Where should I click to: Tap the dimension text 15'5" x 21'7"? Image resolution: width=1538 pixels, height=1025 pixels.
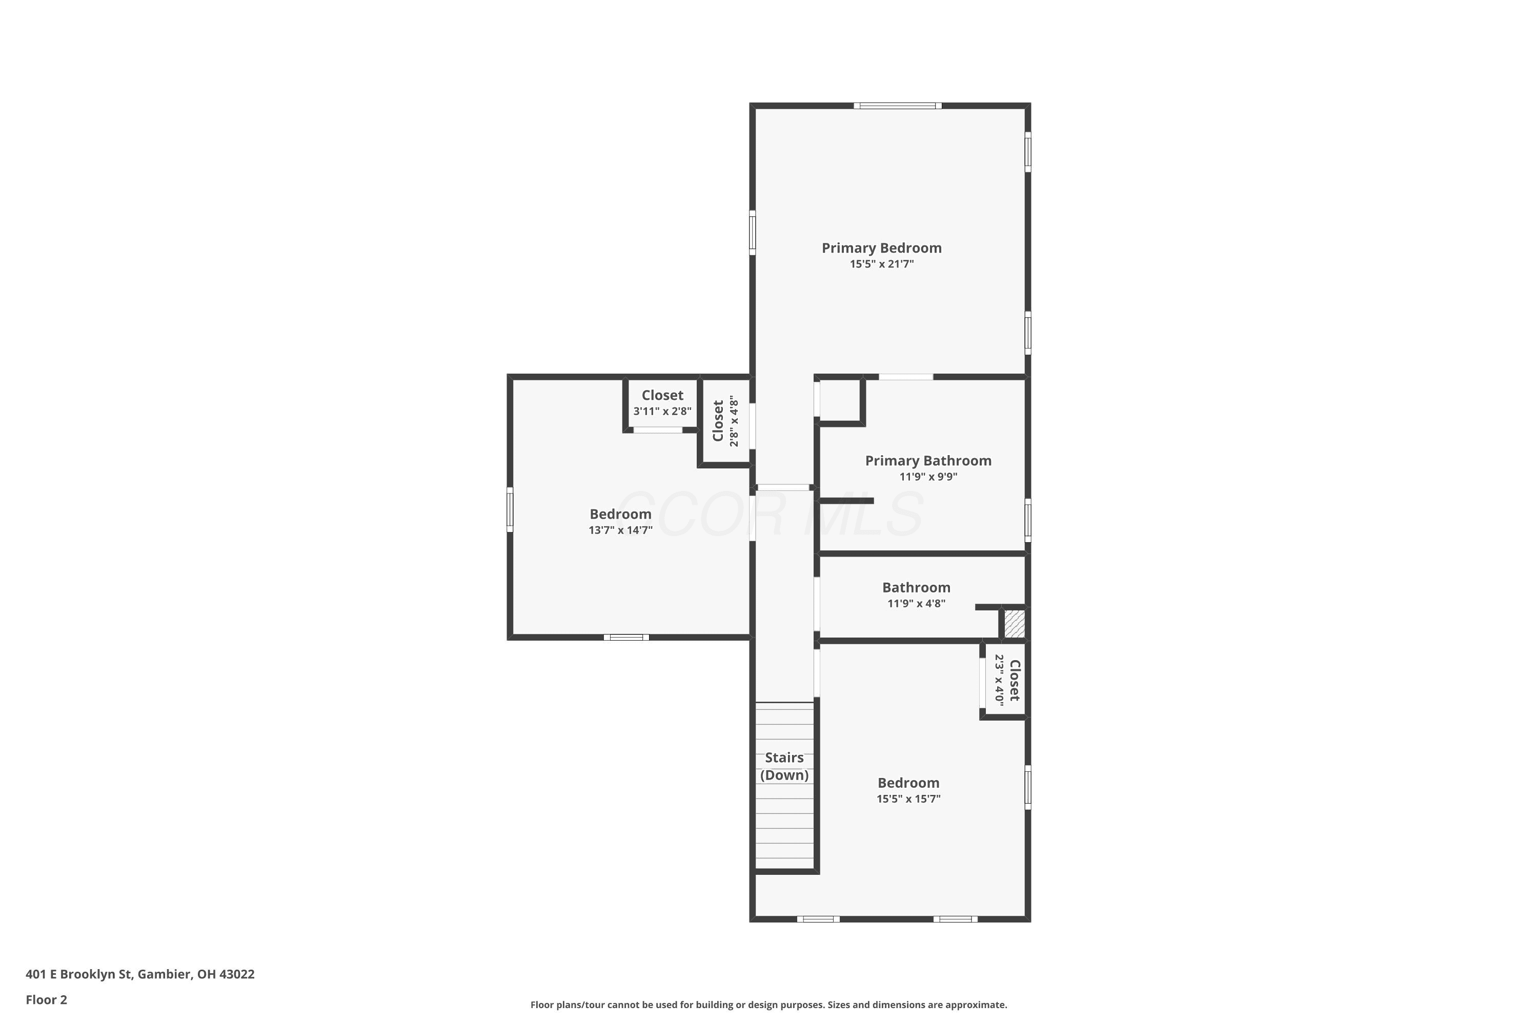pyautogui.click(x=881, y=264)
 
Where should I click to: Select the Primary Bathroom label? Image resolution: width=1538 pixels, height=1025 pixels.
pyautogui.click(x=928, y=461)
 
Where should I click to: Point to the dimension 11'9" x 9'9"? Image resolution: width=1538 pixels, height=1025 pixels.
pyautogui.click(x=928, y=477)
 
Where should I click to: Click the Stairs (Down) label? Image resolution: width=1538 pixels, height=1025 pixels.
pyautogui.click(x=784, y=766)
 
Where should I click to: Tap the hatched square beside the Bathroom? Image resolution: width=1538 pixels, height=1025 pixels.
pyautogui.click(x=1014, y=624)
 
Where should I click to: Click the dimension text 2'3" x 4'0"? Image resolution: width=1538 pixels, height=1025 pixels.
pyautogui.click(x=999, y=679)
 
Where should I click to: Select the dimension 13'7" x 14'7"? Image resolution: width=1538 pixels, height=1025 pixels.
pyautogui.click(x=620, y=530)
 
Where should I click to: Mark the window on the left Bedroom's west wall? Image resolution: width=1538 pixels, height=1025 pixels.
pyautogui.click(x=510, y=509)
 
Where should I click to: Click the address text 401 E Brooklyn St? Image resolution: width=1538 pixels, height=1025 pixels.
pyautogui.click(x=79, y=974)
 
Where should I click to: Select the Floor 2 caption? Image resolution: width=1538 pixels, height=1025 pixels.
pyautogui.click(x=47, y=999)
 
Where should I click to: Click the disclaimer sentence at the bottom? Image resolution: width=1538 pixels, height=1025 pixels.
pyautogui.click(x=768, y=1004)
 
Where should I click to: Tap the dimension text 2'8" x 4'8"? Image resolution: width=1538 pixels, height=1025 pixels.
pyautogui.click(x=734, y=422)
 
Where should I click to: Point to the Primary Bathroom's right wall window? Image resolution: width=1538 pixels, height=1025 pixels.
pyautogui.click(x=1028, y=520)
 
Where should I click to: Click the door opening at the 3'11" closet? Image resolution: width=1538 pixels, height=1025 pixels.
pyautogui.click(x=658, y=430)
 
